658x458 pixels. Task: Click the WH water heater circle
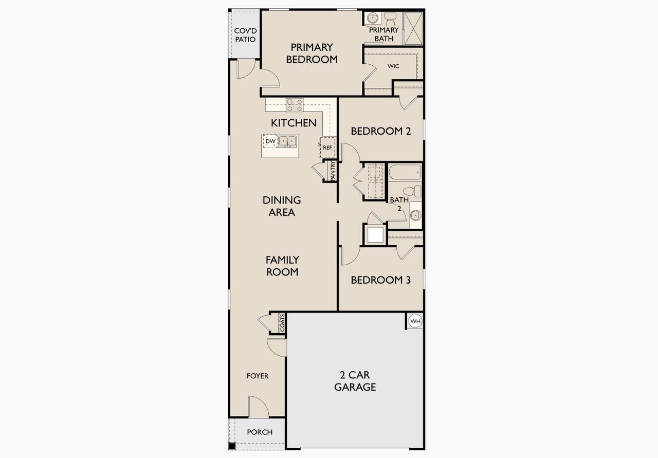tap(415, 322)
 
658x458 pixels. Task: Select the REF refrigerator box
tap(327, 147)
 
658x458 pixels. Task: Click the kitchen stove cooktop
tap(295, 105)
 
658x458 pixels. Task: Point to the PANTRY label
tap(333, 171)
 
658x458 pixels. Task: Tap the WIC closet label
tap(393, 66)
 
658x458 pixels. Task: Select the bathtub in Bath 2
tap(405, 173)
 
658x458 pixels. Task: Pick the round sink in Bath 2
tap(415, 215)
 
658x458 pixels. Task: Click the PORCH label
tap(260, 432)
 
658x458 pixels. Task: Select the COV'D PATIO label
tap(245, 35)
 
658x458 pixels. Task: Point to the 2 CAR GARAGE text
tap(355, 380)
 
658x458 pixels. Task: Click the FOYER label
tap(258, 376)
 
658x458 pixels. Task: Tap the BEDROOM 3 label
tap(380, 280)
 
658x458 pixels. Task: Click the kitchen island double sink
tap(288, 140)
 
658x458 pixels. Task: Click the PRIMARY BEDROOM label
tap(312, 53)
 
